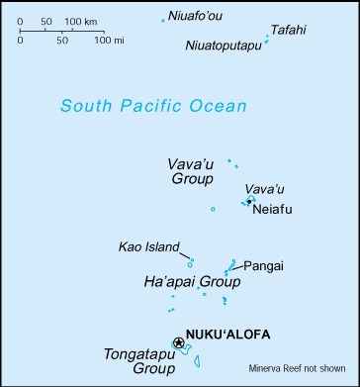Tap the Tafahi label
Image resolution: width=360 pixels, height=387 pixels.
[x=288, y=30]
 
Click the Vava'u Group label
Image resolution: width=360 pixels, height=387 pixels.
[x=190, y=170]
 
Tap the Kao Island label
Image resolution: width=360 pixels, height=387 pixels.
[x=148, y=246]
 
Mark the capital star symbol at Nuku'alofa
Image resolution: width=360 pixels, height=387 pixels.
[x=178, y=342]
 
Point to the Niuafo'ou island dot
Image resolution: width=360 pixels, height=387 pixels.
[x=163, y=20]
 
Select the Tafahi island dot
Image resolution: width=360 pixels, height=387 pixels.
[x=268, y=37]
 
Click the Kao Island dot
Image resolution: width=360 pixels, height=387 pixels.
[x=190, y=262]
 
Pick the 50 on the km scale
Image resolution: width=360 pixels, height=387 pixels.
[x=45, y=20]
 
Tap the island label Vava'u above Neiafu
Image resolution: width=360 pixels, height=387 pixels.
[x=257, y=188]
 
